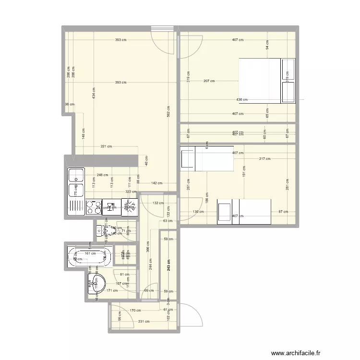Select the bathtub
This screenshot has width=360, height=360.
[x=89, y=257]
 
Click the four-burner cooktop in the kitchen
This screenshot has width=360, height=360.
[x=94, y=207]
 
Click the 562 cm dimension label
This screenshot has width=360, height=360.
[x=169, y=111]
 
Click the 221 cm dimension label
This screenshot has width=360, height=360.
[x=106, y=146]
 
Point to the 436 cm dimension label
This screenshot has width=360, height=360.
[x=242, y=100]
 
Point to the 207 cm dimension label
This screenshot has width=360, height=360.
[x=209, y=81]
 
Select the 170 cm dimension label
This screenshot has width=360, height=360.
[x=136, y=311]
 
